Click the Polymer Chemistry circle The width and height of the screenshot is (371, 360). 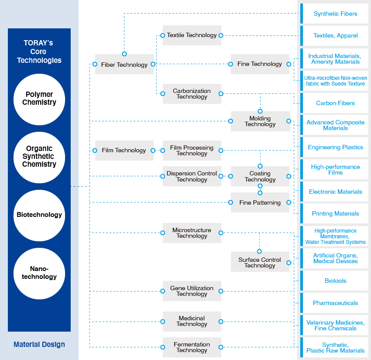pos(39,99)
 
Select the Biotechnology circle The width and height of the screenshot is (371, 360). pos(39,215)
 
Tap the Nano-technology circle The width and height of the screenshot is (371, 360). pos(39,273)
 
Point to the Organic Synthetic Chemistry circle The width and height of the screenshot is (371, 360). pos(39,157)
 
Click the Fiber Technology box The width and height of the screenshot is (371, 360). pos(124,65)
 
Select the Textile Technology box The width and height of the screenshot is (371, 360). pos(192,35)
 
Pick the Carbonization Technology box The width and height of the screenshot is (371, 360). pos(192,94)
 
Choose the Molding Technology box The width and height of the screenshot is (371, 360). pos(260,121)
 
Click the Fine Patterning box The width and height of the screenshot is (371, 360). pos(260,202)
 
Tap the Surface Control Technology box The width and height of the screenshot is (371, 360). pos(260,262)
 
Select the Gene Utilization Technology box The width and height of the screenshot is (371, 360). pos(192,291)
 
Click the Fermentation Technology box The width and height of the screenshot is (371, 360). pos(192,347)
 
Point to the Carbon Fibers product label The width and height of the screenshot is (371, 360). pos(335,103)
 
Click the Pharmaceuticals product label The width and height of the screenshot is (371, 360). pos(335,303)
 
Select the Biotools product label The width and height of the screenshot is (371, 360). pos(335,281)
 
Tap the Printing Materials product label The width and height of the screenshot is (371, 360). pos(335,213)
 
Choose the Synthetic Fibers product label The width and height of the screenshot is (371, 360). pos(335,14)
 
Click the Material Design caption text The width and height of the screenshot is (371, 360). pos(39,344)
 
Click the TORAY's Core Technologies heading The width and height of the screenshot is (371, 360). pos(39,51)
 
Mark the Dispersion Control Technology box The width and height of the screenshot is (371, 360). pos(192,176)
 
